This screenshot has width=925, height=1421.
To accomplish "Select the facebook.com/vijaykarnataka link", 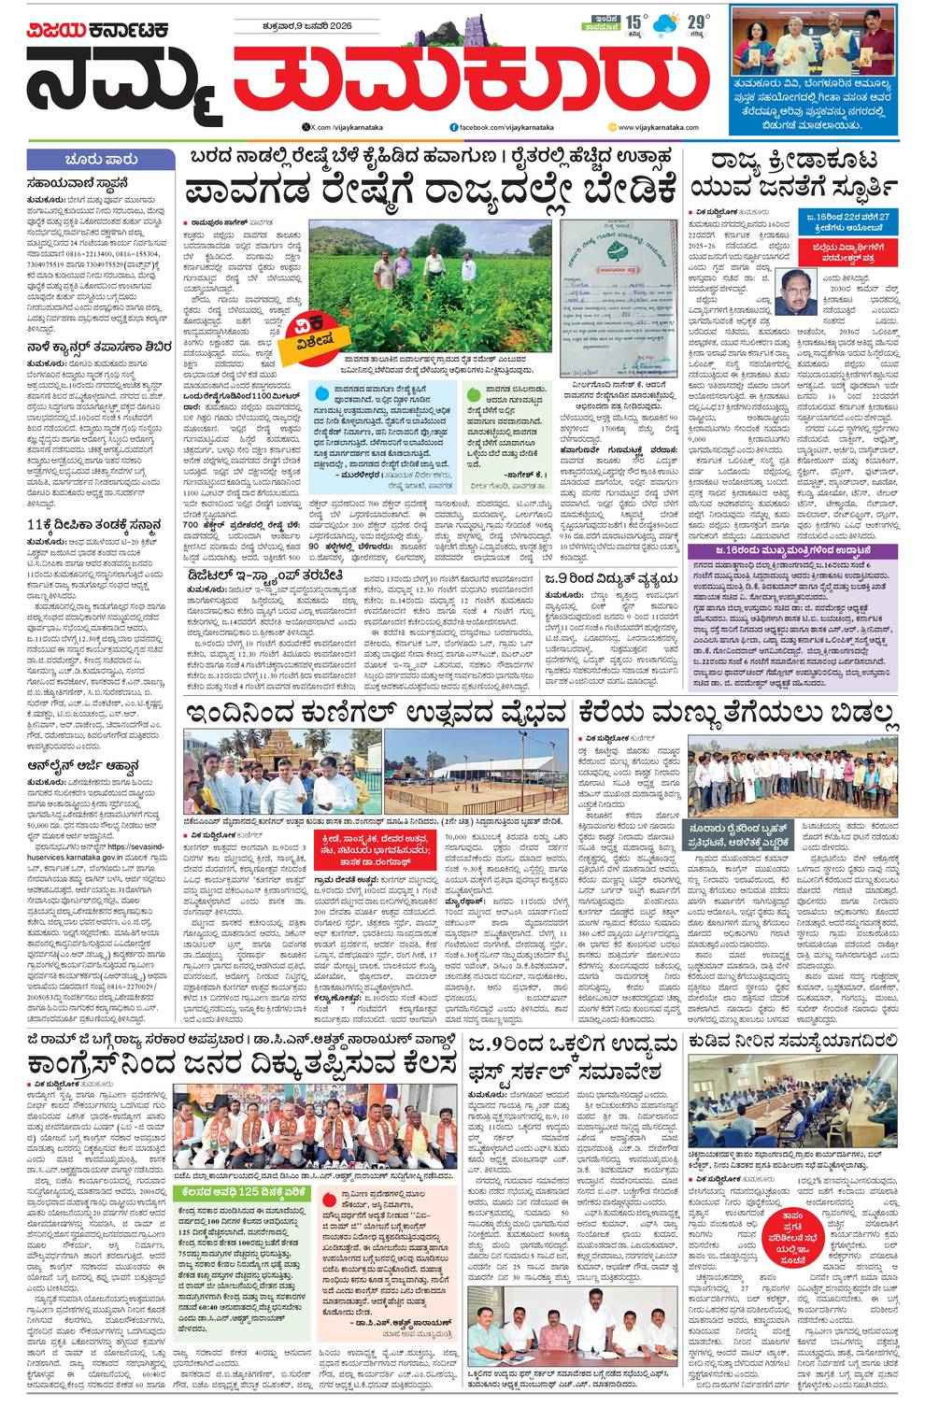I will [501, 126].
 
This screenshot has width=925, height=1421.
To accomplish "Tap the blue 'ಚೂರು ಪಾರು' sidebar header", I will [101, 160].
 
